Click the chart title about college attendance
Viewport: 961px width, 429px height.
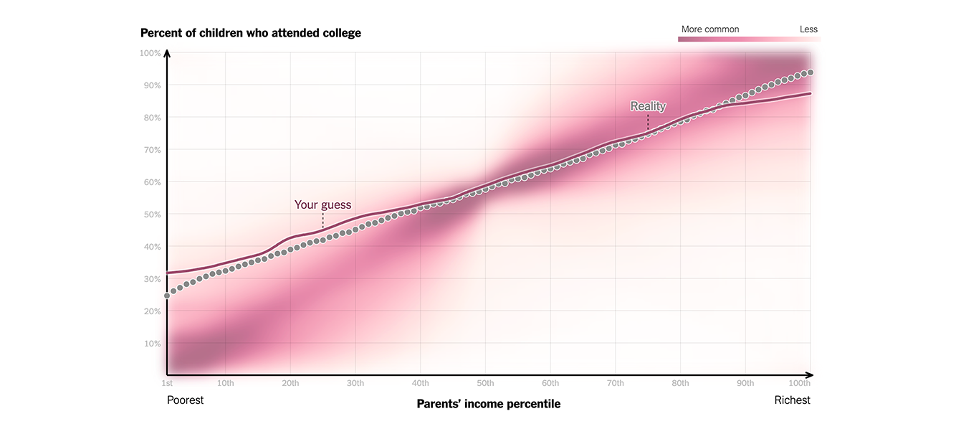[x=251, y=33]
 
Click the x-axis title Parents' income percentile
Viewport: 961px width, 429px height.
[x=488, y=404]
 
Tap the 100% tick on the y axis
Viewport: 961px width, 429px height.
[x=150, y=53]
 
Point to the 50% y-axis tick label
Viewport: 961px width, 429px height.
[x=153, y=214]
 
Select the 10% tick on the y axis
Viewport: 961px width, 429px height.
[x=153, y=344]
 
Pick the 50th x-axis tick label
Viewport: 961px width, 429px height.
[x=485, y=383]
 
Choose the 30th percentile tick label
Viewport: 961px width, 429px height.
[x=355, y=383]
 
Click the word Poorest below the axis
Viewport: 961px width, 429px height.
[x=186, y=400]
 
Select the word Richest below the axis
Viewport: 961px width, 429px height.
[x=792, y=400]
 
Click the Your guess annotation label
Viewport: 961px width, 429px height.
[x=322, y=205]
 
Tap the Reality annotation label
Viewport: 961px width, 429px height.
[x=648, y=106]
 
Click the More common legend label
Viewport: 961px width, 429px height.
[x=710, y=29]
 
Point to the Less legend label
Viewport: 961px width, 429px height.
[x=808, y=29]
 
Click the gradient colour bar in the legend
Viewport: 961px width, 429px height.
[x=749, y=39]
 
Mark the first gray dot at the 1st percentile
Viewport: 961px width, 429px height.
[x=167, y=296]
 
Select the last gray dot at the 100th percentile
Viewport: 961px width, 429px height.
[x=810, y=72]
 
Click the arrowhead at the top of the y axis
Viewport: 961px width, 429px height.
[x=167, y=52]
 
